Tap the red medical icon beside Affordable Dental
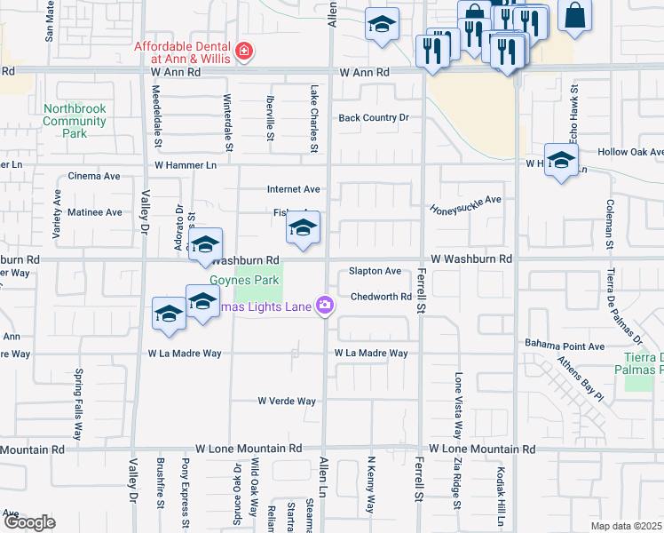click(x=244, y=54)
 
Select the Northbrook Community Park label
click(x=75, y=121)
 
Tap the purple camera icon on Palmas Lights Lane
click(x=325, y=306)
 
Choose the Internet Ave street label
click(x=293, y=189)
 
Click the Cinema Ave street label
click(x=94, y=176)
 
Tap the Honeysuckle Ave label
click(x=466, y=205)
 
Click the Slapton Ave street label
click(x=375, y=270)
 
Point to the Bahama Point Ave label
click(x=564, y=346)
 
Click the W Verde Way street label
click(x=287, y=402)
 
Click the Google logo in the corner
click(x=29, y=522)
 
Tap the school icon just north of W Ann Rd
click(x=382, y=26)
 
